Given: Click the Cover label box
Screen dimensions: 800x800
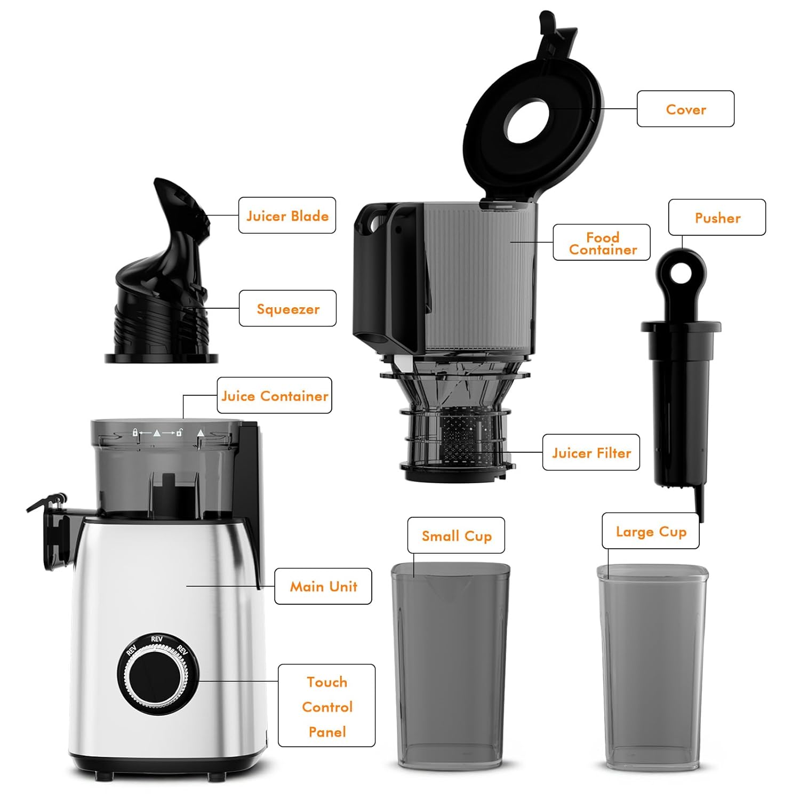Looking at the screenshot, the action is tap(685, 109).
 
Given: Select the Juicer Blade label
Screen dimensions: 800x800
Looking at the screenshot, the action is tap(287, 215).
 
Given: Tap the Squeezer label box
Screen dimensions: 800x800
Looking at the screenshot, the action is tap(287, 308).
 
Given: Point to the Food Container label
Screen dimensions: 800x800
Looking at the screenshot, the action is tap(602, 243).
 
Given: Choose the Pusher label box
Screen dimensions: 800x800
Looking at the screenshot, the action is tap(717, 218).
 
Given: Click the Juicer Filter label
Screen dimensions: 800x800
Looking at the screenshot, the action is tap(591, 452).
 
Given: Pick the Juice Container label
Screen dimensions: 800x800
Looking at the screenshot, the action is tap(274, 395).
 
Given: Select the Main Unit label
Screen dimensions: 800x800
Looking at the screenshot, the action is tap(323, 586).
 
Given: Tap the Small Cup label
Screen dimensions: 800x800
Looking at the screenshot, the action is tap(456, 535).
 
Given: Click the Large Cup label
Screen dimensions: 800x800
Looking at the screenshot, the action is tap(651, 531).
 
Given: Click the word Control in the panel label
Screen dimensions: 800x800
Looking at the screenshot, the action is tap(327, 707).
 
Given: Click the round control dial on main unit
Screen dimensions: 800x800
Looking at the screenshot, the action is tap(158, 675).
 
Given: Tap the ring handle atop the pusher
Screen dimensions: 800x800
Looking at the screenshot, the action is tap(681, 275).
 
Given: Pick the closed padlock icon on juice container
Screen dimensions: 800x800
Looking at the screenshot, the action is tap(135, 433).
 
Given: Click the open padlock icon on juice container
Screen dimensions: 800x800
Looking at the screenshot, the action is tap(180, 433).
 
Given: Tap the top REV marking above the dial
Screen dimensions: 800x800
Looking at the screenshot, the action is tap(157, 639).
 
